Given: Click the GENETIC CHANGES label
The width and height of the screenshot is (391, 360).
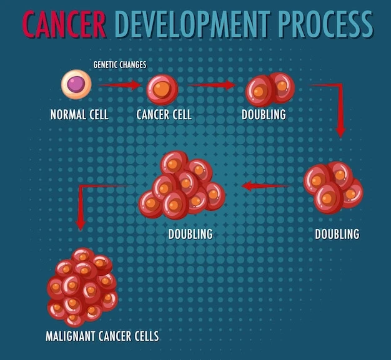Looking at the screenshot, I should click(120, 64).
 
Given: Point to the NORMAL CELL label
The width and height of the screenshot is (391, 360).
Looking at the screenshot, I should click(79, 115).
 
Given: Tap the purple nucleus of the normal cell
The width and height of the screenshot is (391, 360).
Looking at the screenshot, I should click(76, 84).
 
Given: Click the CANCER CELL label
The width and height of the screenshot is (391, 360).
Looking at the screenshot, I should click(164, 115).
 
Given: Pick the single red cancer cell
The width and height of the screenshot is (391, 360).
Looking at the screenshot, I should click(162, 89).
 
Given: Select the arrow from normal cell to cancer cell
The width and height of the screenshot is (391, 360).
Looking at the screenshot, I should click(120, 85).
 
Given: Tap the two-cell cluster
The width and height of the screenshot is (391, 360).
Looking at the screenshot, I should click(269, 89).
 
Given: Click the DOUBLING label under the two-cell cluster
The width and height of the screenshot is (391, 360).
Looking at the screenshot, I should click(264, 115).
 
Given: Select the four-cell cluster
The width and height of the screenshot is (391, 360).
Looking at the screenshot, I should click(332, 187).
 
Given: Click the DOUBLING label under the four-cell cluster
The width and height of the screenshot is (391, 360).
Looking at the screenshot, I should click(337, 235).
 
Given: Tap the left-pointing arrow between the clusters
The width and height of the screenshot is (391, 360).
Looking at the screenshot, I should click(265, 185).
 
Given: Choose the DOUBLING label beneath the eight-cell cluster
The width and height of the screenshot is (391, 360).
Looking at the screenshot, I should click(191, 235).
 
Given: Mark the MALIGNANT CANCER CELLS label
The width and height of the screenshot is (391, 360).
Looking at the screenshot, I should click(102, 336).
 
